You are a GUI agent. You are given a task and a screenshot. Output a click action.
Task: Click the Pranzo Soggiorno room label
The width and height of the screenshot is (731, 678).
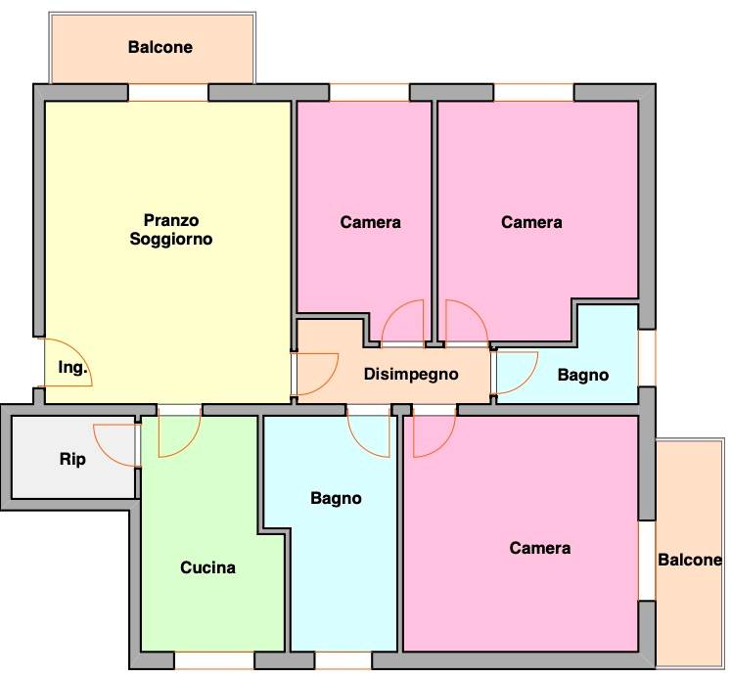pos(171,230)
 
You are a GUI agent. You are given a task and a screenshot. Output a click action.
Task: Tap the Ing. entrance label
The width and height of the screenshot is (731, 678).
pos(72,368)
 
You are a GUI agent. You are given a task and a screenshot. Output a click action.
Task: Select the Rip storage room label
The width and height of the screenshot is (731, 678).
pos(72,460)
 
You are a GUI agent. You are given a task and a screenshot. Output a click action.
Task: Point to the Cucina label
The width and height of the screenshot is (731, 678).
pos(207,567)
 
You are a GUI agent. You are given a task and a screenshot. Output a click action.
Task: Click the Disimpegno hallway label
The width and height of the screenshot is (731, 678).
pos(411,375)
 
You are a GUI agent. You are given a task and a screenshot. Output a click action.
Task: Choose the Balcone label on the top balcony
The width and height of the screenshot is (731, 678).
pos(160,47)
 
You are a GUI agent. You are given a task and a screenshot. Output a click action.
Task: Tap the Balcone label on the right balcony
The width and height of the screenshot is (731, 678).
pos(690,560)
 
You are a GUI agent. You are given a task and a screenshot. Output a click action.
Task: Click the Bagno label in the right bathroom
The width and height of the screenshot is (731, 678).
pos(583,375)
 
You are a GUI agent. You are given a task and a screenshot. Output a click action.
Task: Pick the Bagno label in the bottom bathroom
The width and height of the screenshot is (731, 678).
pos(336,499)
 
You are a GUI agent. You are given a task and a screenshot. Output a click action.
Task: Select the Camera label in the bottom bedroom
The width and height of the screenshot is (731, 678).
pos(540,548)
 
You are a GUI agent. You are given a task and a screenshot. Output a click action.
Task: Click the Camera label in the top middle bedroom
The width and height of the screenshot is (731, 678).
pos(371,222)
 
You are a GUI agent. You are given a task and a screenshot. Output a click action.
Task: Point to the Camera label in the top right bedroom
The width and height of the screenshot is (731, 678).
pos(531,222)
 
